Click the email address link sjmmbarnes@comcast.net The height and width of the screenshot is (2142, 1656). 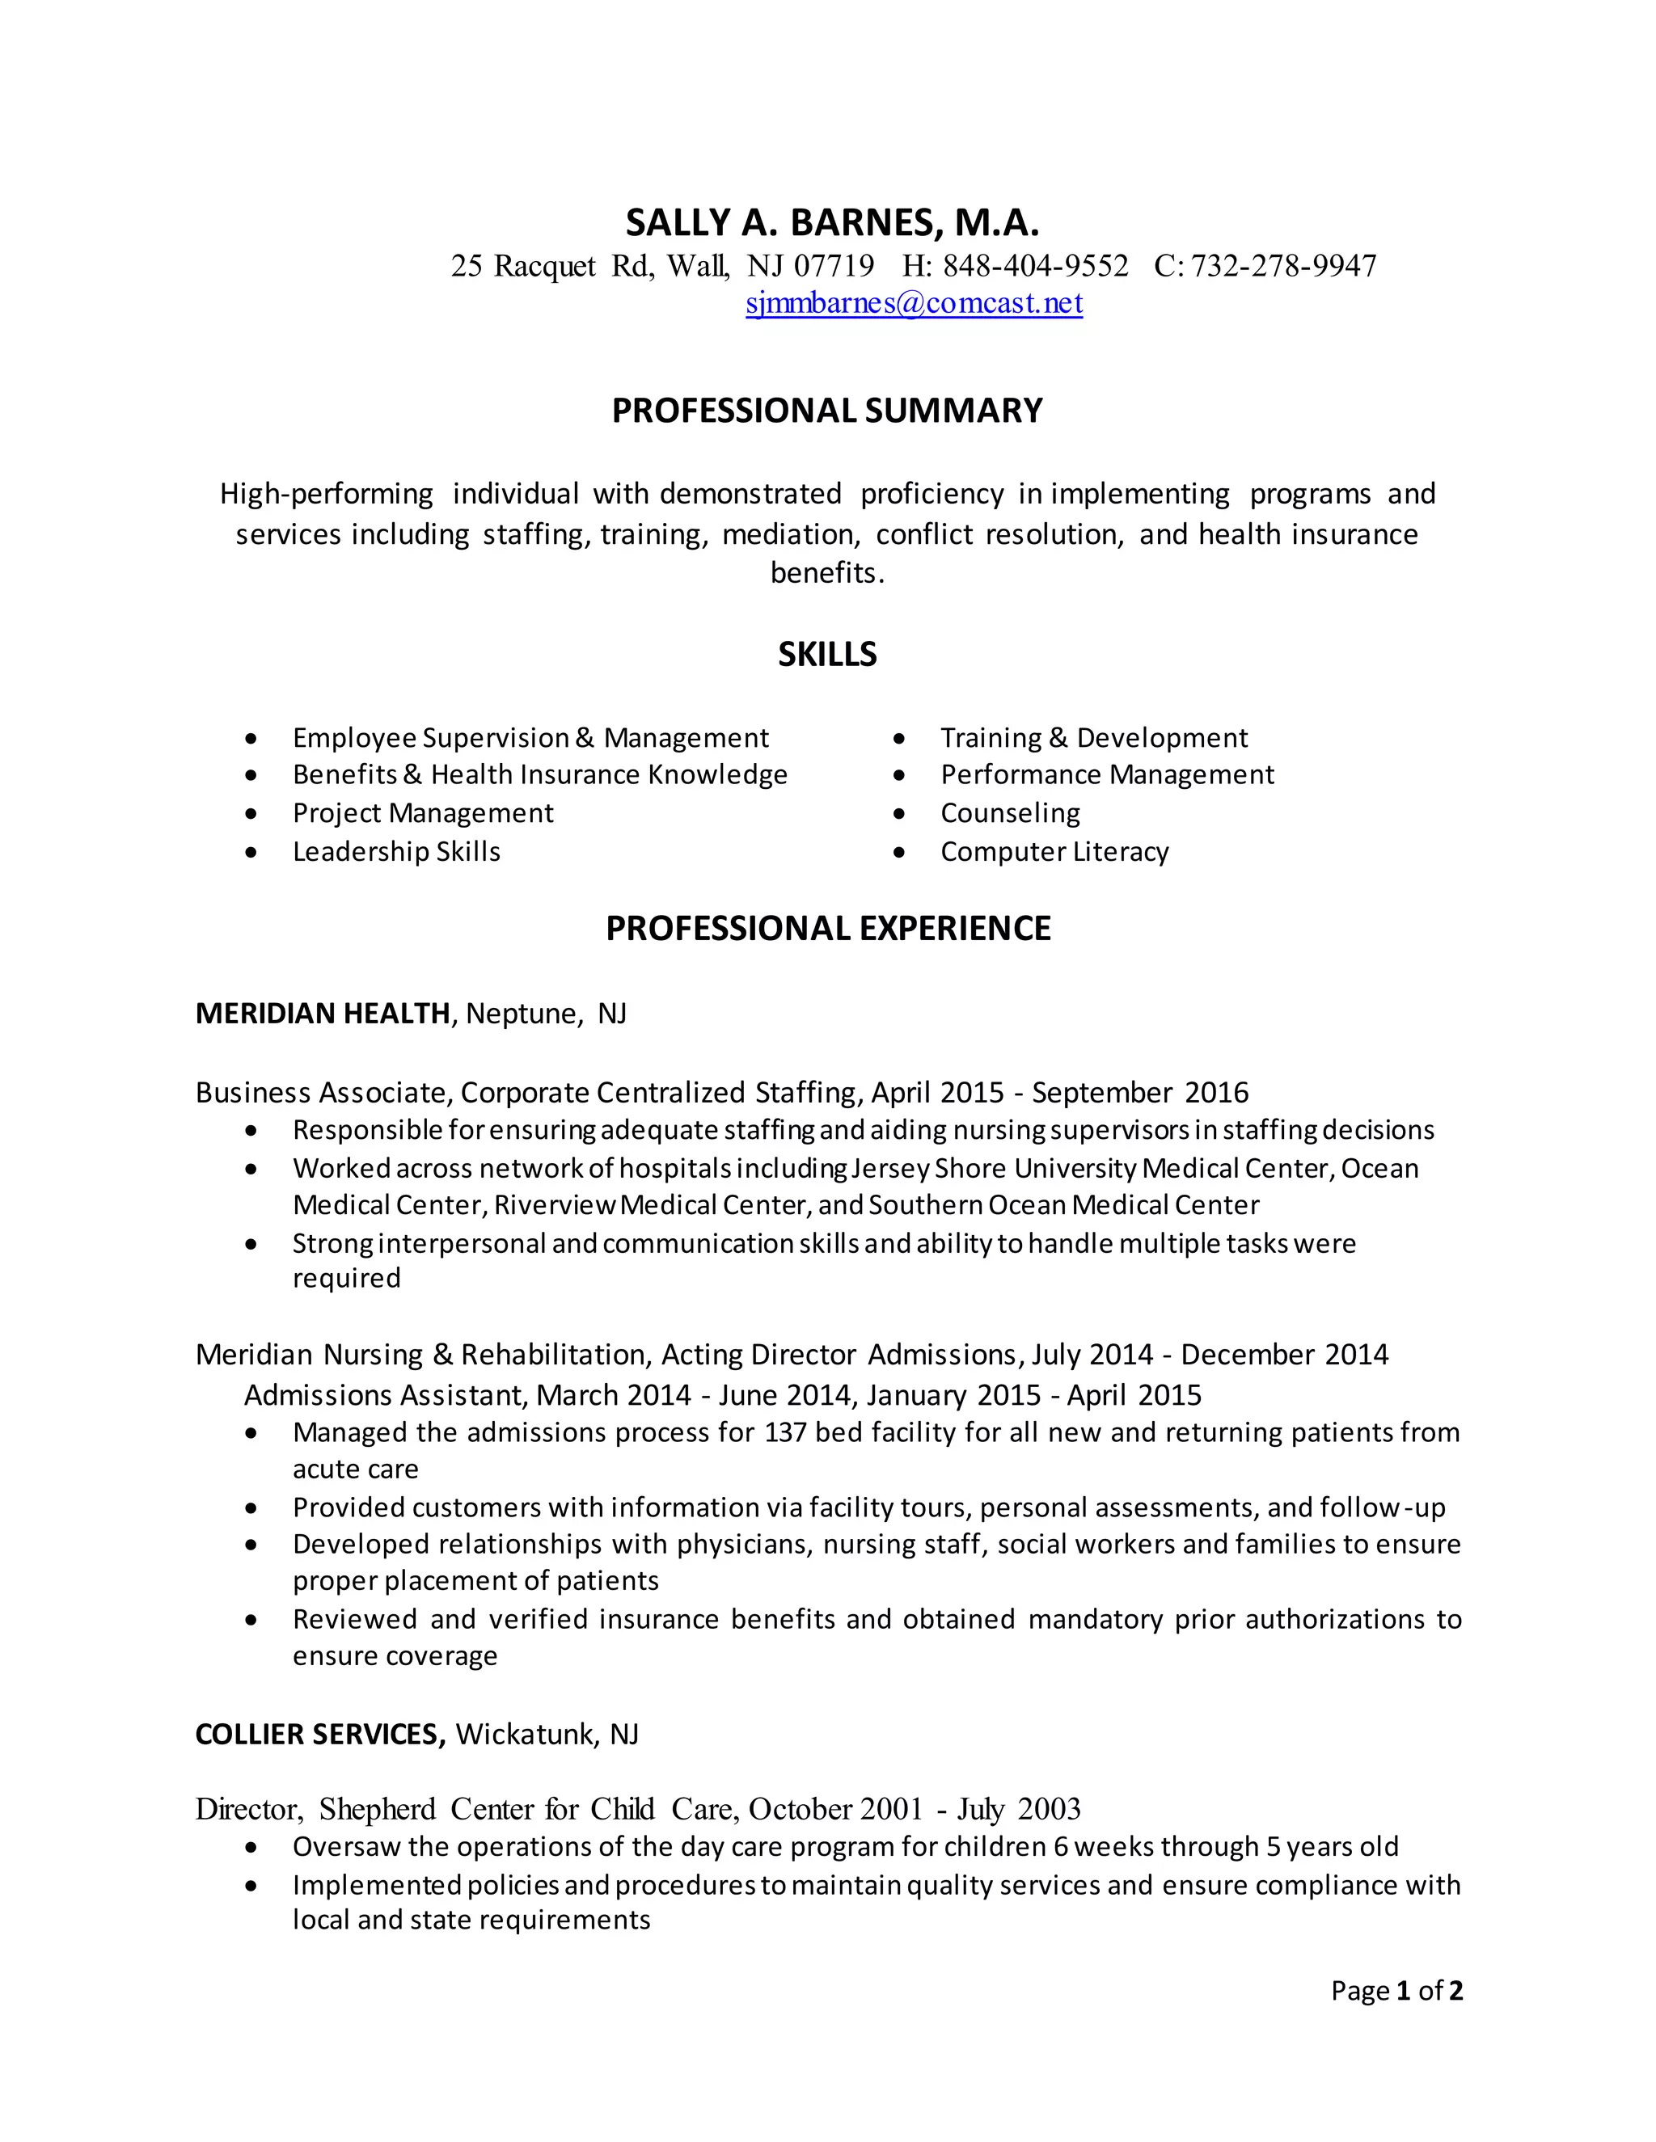pos(914,303)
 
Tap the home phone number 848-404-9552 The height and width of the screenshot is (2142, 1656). pos(1035,266)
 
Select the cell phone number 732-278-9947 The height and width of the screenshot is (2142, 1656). pos(1283,266)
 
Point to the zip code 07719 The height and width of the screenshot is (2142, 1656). pos(833,266)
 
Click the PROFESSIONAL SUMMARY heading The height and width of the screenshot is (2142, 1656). pos(827,410)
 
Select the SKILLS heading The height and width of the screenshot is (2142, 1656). pos(827,654)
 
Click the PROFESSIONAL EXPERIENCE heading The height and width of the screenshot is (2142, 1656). pos(827,928)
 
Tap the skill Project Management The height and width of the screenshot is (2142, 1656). pos(423,813)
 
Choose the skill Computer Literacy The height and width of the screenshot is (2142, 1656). pos(1054,851)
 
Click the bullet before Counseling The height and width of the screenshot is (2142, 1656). pos(900,814)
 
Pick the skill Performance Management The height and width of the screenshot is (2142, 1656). pos(1107,775)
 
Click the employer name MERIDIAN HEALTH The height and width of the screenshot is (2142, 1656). pos(323,1013)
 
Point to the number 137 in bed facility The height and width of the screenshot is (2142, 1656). pos(785,1433)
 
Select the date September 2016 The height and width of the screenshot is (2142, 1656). pos(1140,1093)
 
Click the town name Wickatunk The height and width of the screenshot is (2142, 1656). pos(525,1734)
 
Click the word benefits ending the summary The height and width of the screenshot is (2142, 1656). pos(826,573)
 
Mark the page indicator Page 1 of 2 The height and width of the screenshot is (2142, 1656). pos(1396,1990)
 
